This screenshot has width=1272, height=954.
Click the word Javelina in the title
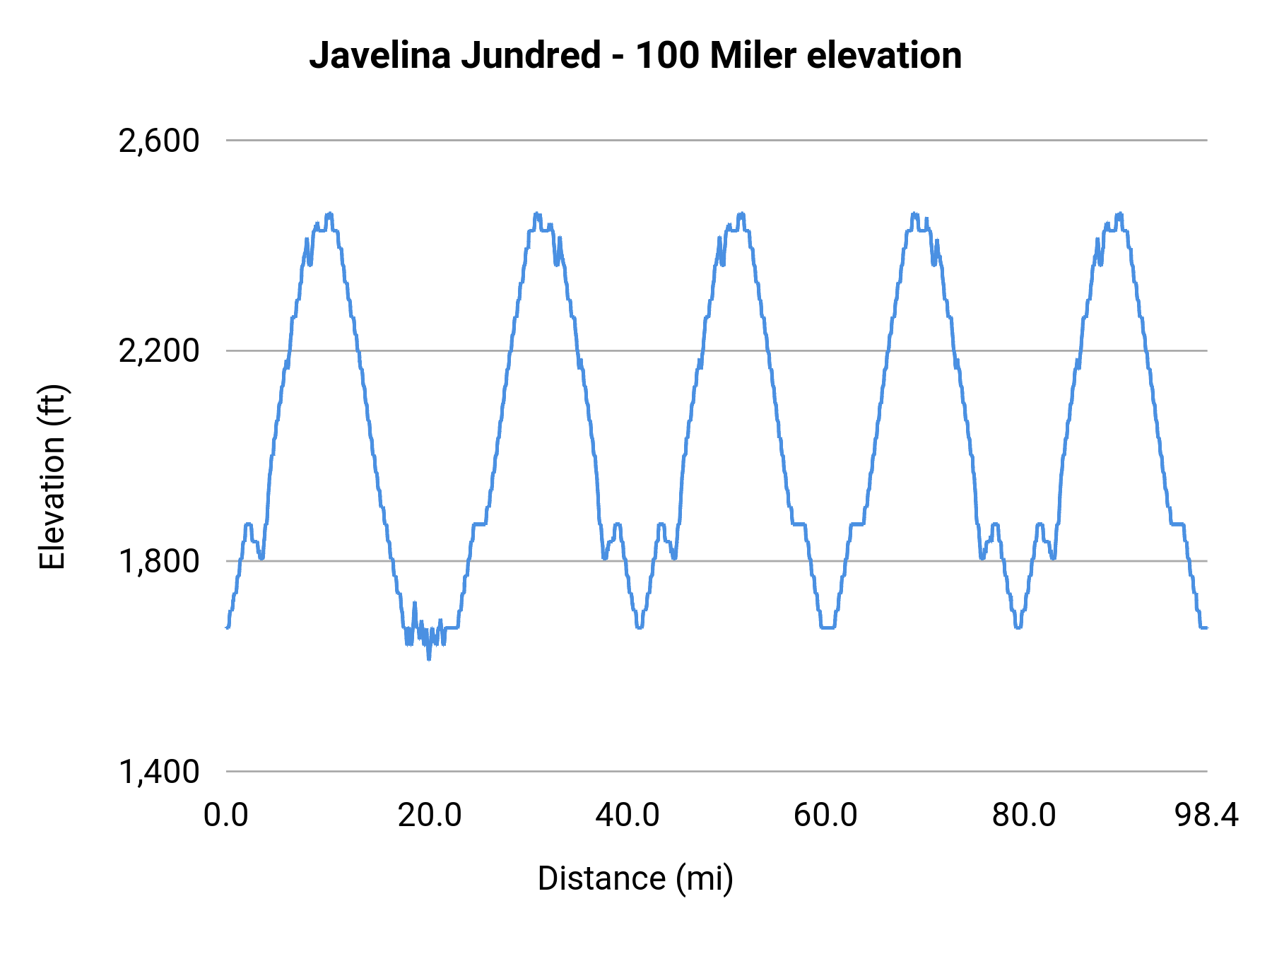(x=380, y=55)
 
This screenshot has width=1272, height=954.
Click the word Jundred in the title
(x=531, y=55)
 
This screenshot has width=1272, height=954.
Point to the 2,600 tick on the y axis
(x=159, y=141)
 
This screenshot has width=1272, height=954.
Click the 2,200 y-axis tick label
(x=159, y=351)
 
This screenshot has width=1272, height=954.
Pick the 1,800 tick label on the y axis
(x=159, y=561)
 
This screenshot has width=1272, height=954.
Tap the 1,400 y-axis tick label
(x=159, y=772)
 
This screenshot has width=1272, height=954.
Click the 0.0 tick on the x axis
(x=226, y=815)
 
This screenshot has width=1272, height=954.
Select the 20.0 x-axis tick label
(x=429, y=815)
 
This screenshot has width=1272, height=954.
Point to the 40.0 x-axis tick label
(x=628, y=815)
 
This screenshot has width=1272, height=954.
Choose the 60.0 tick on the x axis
(x=825, y=815)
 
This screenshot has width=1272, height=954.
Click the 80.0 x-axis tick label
(x=1024, y=815)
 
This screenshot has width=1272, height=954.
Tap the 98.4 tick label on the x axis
(x=1206, y=815)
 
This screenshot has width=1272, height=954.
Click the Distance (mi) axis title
(x=635, y=878)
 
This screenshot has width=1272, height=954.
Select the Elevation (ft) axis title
(x=52, y=477)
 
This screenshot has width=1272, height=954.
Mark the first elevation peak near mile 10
(x=329, y=214)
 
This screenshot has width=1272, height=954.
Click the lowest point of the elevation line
(x=428, y=658)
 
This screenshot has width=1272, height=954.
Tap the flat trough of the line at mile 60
(x=828, y=627)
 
